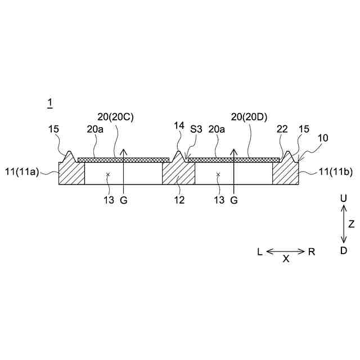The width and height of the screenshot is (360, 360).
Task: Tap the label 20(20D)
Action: click(249, 117)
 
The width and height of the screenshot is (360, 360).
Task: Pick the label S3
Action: click(196, 129)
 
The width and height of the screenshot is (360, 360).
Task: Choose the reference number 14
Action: click(179, 125)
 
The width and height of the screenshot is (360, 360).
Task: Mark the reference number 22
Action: click(282, 129)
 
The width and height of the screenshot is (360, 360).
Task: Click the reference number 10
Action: click(323, 137)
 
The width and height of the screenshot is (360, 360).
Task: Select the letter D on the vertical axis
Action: click(344, 250)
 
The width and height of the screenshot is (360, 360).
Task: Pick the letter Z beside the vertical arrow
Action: click(352, 224)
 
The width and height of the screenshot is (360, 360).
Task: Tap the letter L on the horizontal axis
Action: click(260, 251)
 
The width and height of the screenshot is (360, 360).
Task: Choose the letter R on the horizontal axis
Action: click(312, 251)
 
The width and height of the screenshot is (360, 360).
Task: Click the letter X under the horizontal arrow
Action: click(286, 259)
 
